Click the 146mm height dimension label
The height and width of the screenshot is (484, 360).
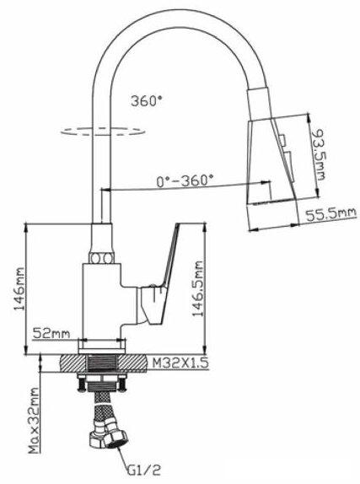[x=19, y=289]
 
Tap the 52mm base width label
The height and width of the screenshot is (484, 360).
[x=51, y=333]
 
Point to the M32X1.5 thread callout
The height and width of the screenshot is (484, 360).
[x=180, y=363]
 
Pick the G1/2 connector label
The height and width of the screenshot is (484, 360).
[x=143, y=471]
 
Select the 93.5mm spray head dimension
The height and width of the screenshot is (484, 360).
[x=318, y=154]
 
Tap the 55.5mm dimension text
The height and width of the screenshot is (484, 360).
[x=331, y=214]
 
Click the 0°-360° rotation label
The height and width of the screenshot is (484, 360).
[x=185, y=180]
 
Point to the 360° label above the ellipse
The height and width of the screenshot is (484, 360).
[x=147, y=100]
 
